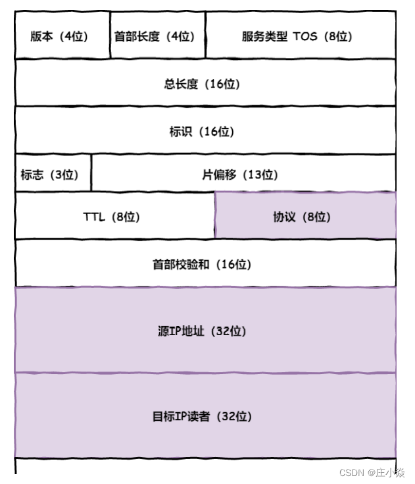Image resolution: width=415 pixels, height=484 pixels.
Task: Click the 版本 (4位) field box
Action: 62,35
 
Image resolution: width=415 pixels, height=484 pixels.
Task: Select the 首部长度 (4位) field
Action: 157,35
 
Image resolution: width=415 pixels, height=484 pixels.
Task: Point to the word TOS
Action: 305,36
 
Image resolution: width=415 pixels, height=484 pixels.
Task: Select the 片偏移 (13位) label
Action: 239,175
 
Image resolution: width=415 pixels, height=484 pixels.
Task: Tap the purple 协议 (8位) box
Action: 305,216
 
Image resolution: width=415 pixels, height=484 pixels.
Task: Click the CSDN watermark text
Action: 352,473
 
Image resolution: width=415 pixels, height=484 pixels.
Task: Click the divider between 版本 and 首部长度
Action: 110,35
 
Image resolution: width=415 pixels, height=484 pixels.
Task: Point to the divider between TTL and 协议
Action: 214,215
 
